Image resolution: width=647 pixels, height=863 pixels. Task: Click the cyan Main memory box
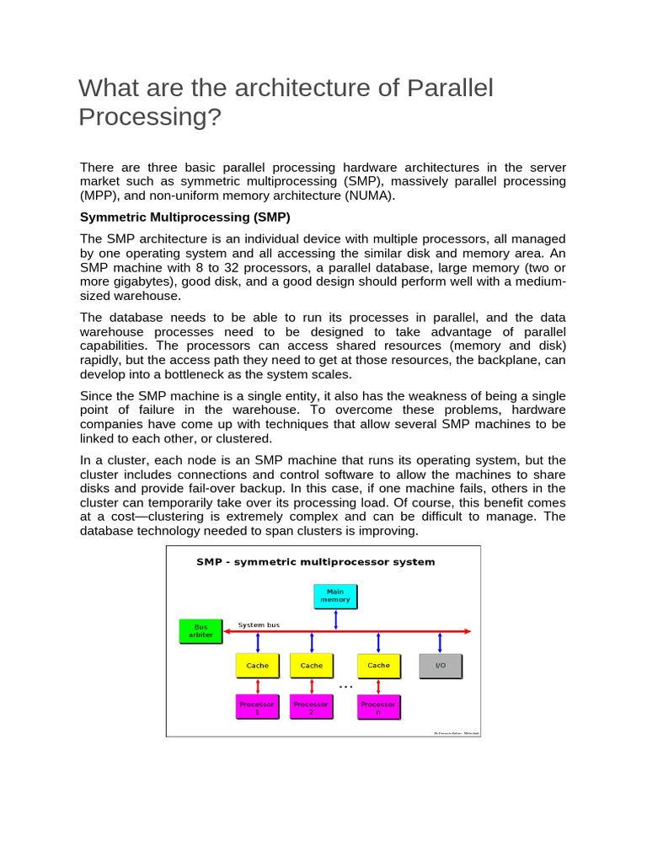pos(334,596)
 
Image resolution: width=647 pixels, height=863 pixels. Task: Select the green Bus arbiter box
pos(201,631)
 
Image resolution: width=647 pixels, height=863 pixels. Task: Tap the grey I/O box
pos(440,666)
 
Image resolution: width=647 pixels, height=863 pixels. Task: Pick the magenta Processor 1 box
pos(257,707)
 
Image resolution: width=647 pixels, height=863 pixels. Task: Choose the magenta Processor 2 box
pos(311,707)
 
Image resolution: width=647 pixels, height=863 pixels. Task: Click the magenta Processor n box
pos(377,707)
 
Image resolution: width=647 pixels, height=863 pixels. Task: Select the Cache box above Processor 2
pos(311,666)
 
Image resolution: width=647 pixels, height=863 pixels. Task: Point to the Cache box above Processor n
pos(378,666)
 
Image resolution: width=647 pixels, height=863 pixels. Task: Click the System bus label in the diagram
pos(259,625)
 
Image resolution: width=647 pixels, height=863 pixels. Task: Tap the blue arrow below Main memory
pos(335,619)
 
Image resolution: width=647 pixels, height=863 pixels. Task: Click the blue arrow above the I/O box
pos(440,642)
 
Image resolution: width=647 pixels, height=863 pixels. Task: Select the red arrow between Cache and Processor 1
pos(257,686)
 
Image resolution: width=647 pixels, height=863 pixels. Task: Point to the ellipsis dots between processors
pos(345,688)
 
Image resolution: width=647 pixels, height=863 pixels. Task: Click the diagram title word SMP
pos(208,561)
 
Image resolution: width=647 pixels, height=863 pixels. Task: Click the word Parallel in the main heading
pos(451,88)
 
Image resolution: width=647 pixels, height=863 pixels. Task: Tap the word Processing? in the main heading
pos(149,117)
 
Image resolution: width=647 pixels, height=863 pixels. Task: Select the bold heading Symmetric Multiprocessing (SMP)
pos(184,217)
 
